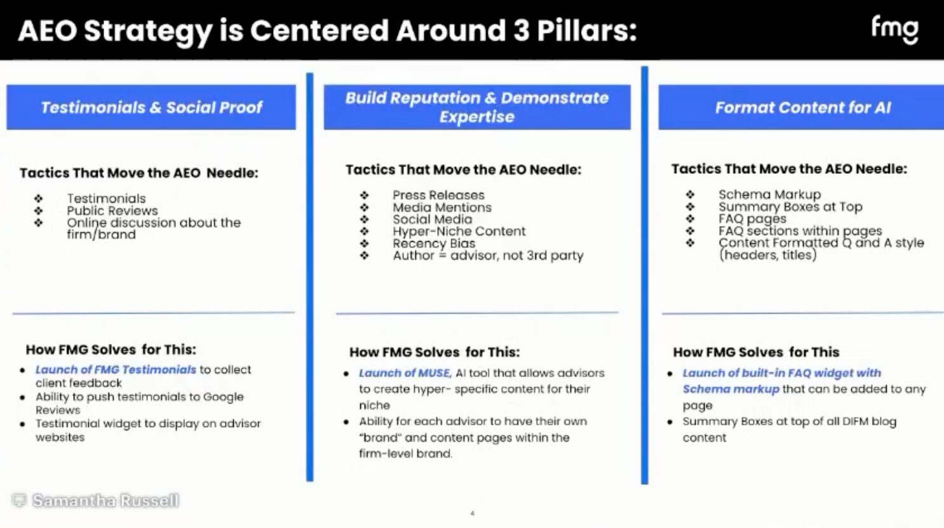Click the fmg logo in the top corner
(894, 29)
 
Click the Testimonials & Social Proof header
(151, 107)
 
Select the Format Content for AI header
(802, 107)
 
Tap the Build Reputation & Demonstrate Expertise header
(476, 107)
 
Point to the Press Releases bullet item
(438, 195)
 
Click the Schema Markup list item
(769, 194)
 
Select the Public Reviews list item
(112, 211)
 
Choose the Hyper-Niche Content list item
(459, 231)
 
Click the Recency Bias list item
(433, 243)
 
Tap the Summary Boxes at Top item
(790, 206)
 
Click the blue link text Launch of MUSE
(405, 373)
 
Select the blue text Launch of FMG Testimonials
(116, 369)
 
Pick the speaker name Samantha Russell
(105, 501)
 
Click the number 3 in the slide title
(521, 30)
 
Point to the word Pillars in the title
(586, 30)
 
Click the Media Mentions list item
(442, 207)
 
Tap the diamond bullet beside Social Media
(364, 219)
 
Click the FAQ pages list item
(752, 218)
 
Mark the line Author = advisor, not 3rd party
(487, 255)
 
